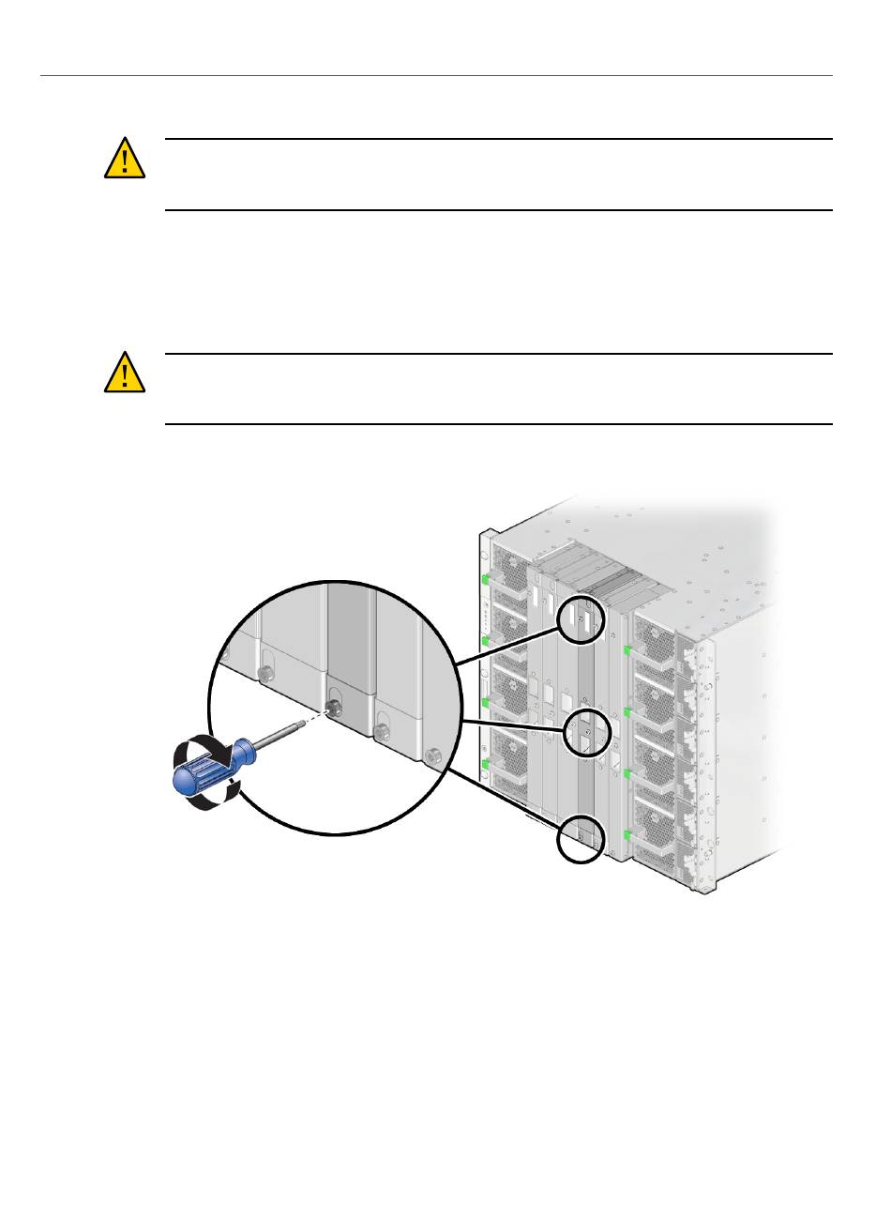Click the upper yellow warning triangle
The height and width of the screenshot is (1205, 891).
[124, 160]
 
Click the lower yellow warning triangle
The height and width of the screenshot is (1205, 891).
[124, 374]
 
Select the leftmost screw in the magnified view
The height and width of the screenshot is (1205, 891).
[265, 672]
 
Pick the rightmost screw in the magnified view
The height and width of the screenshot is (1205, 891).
[432, 754]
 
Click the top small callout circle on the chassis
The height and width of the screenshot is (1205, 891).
[579, 622]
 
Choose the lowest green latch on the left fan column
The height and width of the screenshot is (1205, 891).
[486, 766]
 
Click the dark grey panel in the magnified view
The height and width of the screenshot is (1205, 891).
[350, 638]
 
